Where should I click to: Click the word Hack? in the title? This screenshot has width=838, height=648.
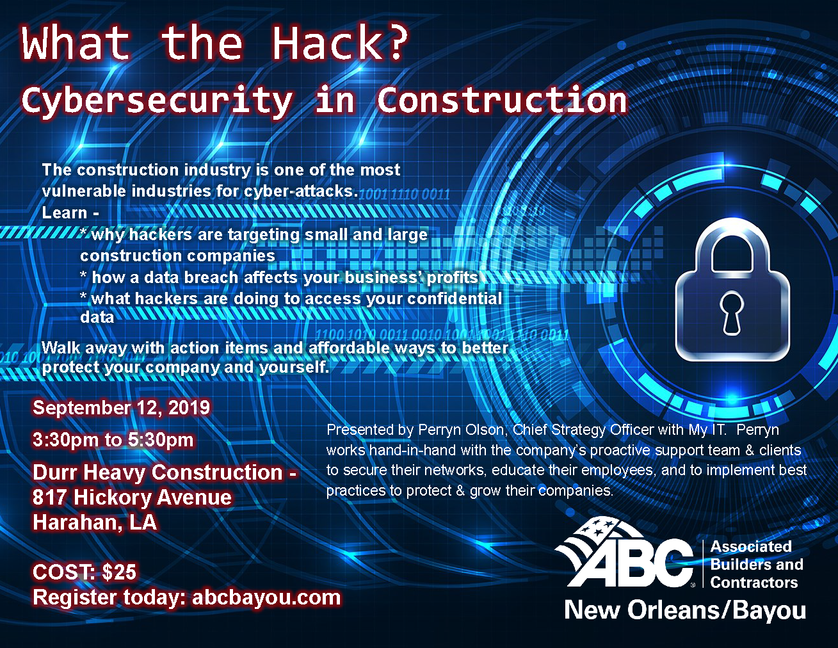340,43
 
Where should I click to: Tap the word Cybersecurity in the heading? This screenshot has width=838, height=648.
156,101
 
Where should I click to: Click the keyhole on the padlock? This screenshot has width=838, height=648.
732,312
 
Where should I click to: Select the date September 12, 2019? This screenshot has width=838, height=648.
122,408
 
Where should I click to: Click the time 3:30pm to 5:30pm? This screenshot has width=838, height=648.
113,440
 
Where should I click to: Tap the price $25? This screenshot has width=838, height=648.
120,572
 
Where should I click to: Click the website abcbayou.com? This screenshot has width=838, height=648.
266,597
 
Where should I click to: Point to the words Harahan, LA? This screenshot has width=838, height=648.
95,522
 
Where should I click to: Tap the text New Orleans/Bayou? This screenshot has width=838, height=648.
685,611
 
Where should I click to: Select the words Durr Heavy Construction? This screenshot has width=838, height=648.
157,472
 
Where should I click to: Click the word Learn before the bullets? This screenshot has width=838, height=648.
65,213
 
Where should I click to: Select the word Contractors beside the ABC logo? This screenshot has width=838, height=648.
754,583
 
